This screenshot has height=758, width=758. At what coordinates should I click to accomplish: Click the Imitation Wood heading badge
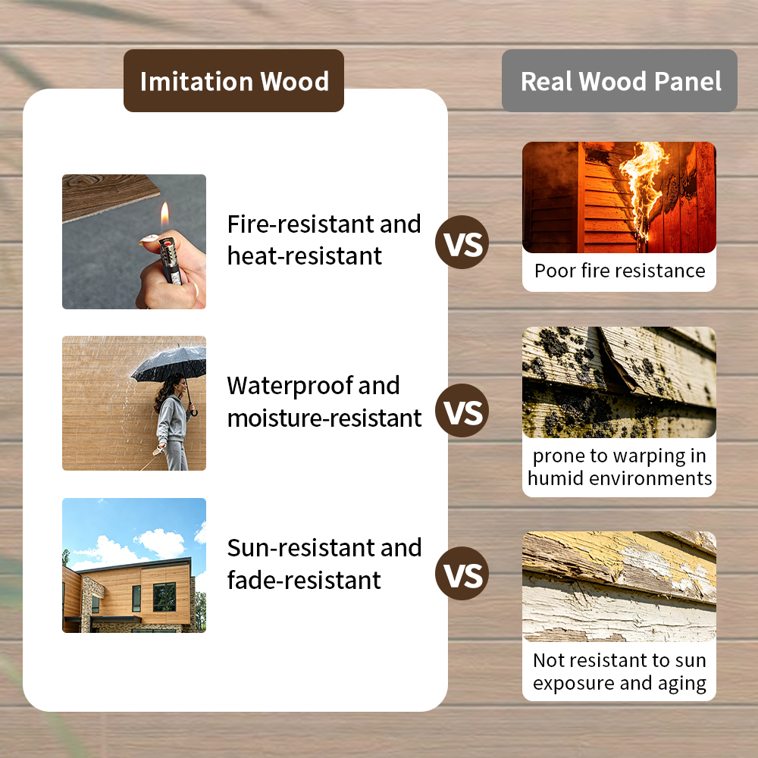[233, 81]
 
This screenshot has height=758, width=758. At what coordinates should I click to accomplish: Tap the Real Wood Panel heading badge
[620, 81]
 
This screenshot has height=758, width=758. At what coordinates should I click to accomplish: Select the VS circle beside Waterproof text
[462, 412]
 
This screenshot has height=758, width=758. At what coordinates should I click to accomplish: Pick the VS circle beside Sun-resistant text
[462, 574]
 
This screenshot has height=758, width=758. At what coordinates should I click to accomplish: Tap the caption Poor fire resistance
[619, 271]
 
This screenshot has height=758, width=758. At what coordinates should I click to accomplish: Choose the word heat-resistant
[305, 256]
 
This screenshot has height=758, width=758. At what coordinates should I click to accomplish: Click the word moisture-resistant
[324, 418]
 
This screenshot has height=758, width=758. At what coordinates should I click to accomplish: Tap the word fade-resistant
[304, 581]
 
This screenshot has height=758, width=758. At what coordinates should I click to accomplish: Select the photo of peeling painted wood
[619, 587]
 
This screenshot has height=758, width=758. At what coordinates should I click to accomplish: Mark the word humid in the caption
[557, 478]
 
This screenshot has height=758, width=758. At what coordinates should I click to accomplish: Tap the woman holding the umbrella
[173, 421]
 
